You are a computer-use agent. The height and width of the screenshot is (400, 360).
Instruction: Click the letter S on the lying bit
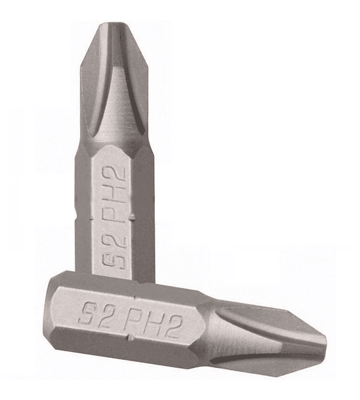pos(88,313)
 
